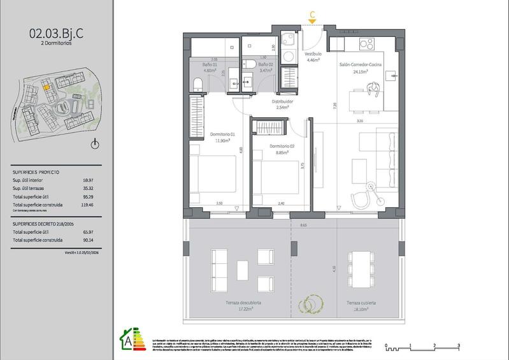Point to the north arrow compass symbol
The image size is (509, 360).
click(x=95, y=144)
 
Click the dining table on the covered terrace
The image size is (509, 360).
click(x=361, y=267)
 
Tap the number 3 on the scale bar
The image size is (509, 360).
click(x=459, y=344)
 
